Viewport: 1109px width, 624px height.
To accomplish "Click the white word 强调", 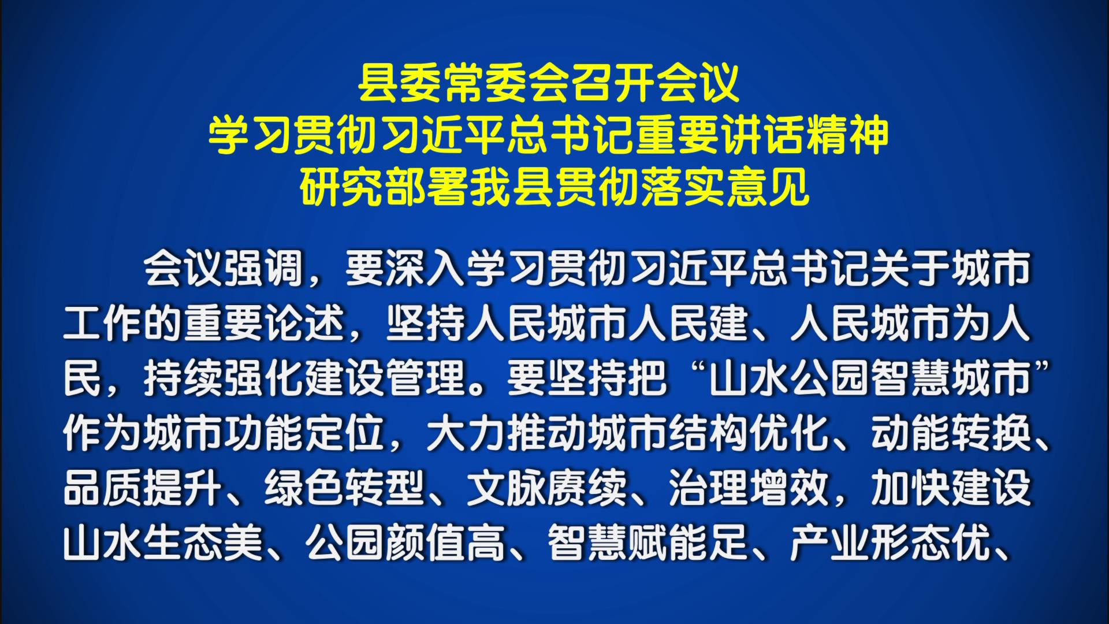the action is [264, 269].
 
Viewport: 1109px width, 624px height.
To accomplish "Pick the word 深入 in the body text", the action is [426, 269].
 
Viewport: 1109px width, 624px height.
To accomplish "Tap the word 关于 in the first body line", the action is [911, 269].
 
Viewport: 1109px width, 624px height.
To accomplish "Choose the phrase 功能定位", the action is [304, 434].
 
